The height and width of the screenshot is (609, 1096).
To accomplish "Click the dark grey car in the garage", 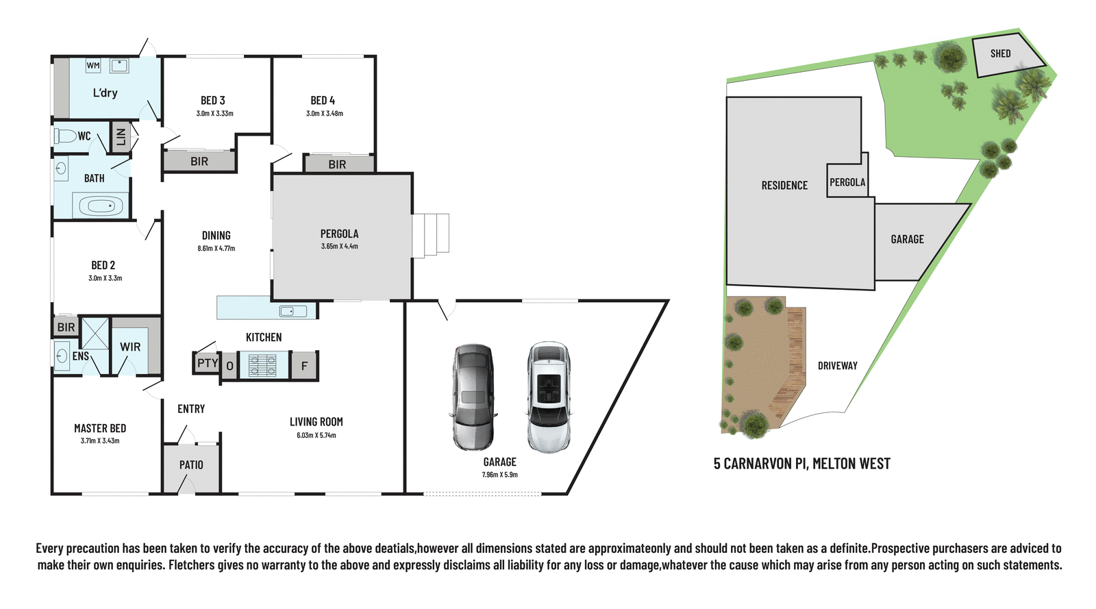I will (473, 397).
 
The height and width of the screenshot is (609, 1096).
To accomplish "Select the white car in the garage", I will (549, 397).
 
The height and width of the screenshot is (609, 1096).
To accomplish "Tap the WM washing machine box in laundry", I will (93, 66).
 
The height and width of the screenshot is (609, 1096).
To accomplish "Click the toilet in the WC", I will (66, 136).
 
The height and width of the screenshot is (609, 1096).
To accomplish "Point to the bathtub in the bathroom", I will (101, 206).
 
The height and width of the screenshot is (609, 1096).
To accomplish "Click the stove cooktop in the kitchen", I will (262, 365).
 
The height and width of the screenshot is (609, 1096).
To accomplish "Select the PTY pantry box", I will (207, 363).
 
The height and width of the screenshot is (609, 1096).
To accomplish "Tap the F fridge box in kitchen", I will (304, 366).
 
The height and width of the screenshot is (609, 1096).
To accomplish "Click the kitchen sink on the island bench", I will (292, 312).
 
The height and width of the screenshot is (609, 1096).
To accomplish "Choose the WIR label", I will (130, 347).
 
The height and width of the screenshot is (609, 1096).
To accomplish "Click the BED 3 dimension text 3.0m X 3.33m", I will (214, 114).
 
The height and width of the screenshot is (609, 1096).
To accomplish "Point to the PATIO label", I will (191, 465).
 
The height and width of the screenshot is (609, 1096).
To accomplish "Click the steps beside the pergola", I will (431, 235).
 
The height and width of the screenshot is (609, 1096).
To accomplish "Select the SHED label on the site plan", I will (1000, 53).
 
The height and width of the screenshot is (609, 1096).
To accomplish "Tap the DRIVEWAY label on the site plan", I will (837, 366).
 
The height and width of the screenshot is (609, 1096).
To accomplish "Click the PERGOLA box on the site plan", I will (847, 182).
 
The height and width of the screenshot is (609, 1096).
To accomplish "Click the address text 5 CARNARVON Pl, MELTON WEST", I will (801, 464).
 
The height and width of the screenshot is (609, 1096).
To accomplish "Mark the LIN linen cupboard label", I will (121, 137).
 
